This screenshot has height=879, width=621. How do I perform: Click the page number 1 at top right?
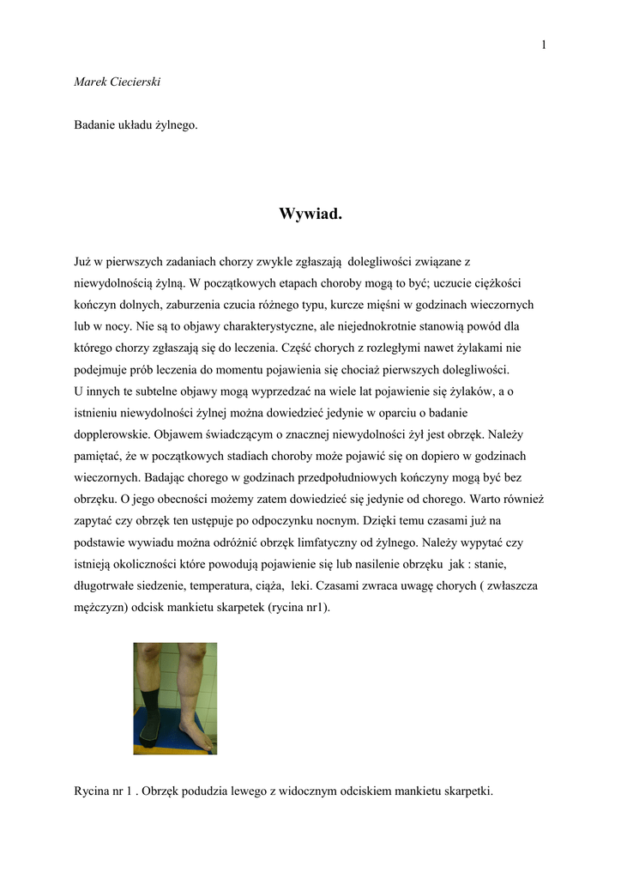pyautogui.click(x=544, y=45)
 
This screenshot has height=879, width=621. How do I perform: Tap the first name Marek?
pyautogui.click(x=90, y=82)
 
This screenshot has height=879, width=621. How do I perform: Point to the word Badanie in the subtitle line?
pyautogui.click(x=96, y=125)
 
